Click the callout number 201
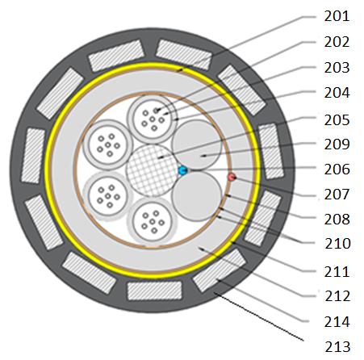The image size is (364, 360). pos(337,16)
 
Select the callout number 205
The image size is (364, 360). pos(337,120)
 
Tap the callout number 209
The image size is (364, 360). pos(337,144)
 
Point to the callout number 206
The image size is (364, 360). pos(337,170)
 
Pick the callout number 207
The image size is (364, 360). pos(337,195)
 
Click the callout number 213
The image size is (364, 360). pos(337,347)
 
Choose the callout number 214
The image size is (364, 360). pos(337,322)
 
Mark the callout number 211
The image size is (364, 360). pos(337,272)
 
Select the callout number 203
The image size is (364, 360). pos(337,68)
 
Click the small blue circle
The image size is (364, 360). pos(182,170)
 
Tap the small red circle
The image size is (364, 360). pos(232,177)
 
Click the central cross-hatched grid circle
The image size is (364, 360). pos(152,170)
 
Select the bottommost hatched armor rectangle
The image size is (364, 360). pos(155,291)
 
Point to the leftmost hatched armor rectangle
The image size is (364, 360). pos(33,156)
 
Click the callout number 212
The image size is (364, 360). pos(337,296)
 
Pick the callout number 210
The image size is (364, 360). pos(337,244)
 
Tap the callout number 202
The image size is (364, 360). pos(337,42)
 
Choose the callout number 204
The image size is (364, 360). pos(337,93)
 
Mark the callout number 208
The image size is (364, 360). pos(337,220)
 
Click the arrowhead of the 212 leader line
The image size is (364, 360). pos(199,249)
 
